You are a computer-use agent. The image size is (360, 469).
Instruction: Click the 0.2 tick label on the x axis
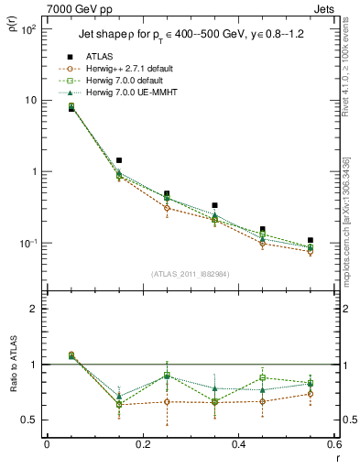(x=142, y=445)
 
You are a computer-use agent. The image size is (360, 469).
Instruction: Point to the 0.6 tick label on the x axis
(x=332, y=445)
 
